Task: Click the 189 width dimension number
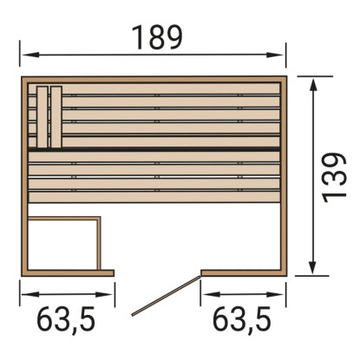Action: point(157,37)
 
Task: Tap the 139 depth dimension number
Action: point(334,177)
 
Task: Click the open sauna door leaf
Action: point(166,296)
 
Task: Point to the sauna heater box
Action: point(64,243)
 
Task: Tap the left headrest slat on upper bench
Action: point(43,117)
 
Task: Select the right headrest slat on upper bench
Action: point(56,117)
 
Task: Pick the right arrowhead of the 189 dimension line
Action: point(275,55)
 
